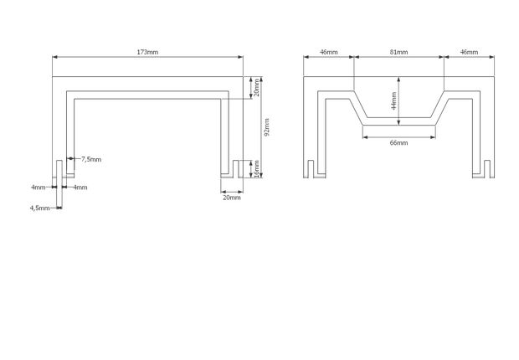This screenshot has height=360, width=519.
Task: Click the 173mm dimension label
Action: click(147, 52)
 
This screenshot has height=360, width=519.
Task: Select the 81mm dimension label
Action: click(398, 52)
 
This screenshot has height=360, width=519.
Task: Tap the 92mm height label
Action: click(267, 127)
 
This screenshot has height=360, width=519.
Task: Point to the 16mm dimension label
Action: click(256, 169)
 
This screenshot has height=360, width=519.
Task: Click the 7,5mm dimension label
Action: click(91, 159)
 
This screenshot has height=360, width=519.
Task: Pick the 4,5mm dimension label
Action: click(39, 208)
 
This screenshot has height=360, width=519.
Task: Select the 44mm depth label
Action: click(393, 100)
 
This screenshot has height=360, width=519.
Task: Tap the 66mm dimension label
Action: click(398, 142)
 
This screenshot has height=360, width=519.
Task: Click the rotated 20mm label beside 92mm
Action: click(256, 88)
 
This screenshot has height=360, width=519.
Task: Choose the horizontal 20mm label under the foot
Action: click(232, 198)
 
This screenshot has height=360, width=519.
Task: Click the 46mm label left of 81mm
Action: click(329, 52)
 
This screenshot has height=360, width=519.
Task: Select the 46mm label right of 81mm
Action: click(470, 52)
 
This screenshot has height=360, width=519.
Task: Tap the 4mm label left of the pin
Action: click(39, 188)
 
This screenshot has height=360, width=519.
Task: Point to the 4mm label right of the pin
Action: click(80, 188)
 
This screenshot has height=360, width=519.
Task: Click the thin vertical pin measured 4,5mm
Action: click(59, 183)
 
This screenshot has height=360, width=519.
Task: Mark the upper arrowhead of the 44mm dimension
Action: click(398, 80)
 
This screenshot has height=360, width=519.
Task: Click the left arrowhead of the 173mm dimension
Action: click(55, 57)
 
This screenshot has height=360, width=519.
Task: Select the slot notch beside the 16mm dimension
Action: click(236, 169)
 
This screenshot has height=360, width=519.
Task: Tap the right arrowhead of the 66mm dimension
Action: click(433, 137)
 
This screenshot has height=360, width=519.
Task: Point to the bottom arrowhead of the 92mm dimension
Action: click(261, 175)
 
